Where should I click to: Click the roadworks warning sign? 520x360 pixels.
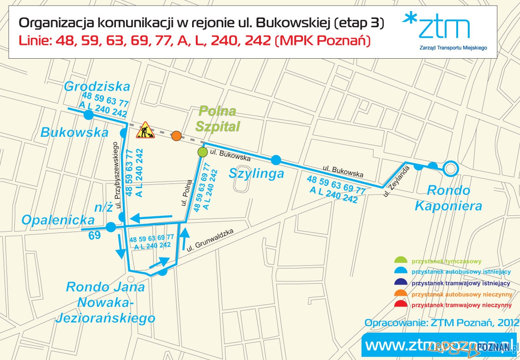pyautogui.click(x=145, y=130)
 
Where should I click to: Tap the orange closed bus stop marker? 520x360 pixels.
pyautogui.click(x=176, y=136)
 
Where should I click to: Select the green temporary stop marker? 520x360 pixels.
pyautogui.click(x=202, y=152)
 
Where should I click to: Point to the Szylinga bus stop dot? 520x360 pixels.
pyautogui.click(x=276, y=160)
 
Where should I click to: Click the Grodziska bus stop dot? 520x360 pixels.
pyautogui.click(x=89, y=115)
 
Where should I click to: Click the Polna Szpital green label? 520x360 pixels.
pyautogui.click(x=216, y=118)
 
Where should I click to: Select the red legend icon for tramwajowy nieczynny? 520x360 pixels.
pyautogui.click(x=401, y=305)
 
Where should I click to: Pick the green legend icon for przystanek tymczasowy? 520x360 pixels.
pyautogui.click(x=401, y=260)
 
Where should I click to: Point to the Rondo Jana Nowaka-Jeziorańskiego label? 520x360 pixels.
pyautogui.click(x=105, y=302)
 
